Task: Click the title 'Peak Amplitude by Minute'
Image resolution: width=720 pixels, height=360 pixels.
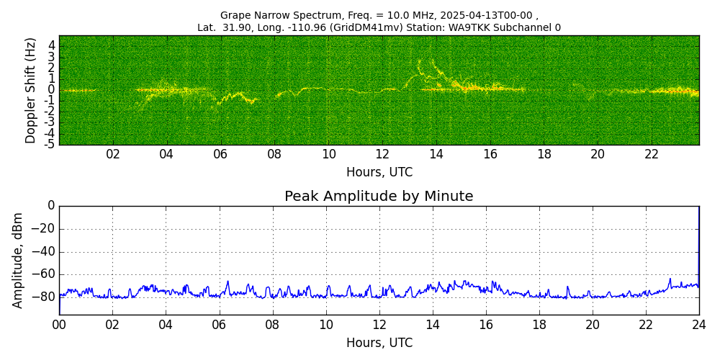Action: click(379, 197)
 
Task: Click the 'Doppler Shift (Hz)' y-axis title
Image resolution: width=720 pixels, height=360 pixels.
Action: click(31, 91)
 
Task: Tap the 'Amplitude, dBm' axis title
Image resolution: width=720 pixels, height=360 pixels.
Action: click(18, 260)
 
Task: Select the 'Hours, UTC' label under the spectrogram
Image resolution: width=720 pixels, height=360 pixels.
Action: click(379, 173)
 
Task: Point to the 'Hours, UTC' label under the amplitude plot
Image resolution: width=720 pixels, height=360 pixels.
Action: click(379, 343)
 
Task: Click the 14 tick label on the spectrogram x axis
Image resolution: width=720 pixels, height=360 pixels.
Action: click(436, 155)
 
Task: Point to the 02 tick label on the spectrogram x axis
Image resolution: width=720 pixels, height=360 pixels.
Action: click(113, 155)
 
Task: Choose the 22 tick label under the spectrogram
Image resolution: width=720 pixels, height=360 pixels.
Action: click(652, 155)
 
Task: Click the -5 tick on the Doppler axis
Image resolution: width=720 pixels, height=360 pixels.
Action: click(50, 144)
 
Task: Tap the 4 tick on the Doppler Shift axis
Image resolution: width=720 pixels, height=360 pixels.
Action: click(52, 45)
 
